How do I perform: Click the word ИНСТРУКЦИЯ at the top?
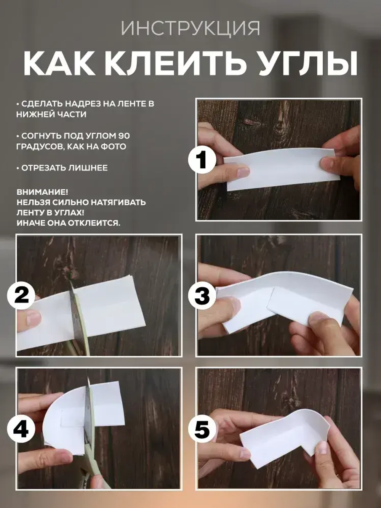(190, 28)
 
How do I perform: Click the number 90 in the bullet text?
(124, 136)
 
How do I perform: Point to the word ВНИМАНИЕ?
(42, 192)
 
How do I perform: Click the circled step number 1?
(202, 160)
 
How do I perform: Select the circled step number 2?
(21, 295)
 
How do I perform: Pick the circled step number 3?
(202, 295)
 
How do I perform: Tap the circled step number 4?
(21, 429)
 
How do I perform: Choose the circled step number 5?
(202, 429)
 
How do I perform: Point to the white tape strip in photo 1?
(282, 168)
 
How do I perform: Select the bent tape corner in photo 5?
(312, 423)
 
